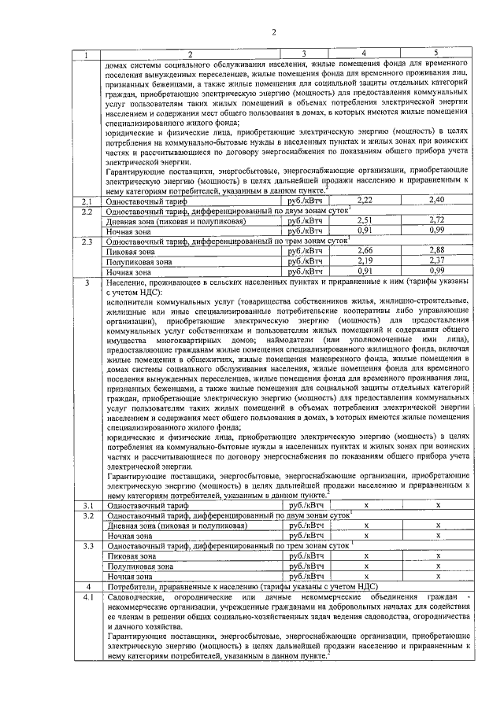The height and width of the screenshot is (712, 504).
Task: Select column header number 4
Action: click(x=363, y=53)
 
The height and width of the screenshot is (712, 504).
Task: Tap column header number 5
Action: click(x=435, y=53)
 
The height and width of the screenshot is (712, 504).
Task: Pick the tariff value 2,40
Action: click(x=436, y=201)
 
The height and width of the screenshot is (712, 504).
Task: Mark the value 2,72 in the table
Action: click(x=436, y=221)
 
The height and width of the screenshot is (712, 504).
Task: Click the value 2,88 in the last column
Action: click(x=436, y=251)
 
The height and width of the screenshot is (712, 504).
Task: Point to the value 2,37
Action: click(x=436, y=261)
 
